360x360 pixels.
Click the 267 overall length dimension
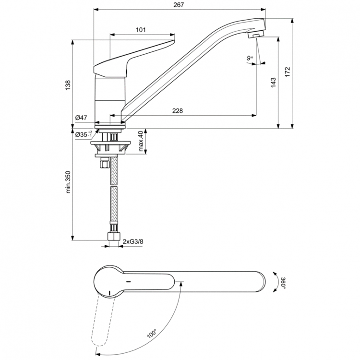179,4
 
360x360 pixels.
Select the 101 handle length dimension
141,30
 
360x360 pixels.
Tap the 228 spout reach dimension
177,111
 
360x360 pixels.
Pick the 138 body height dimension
68,84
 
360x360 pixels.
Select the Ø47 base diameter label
81,117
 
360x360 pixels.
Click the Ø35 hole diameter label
84,135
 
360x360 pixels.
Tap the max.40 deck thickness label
141,141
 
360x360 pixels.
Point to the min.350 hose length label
68,183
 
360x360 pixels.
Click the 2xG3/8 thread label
132,241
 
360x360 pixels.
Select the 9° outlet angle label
250,59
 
